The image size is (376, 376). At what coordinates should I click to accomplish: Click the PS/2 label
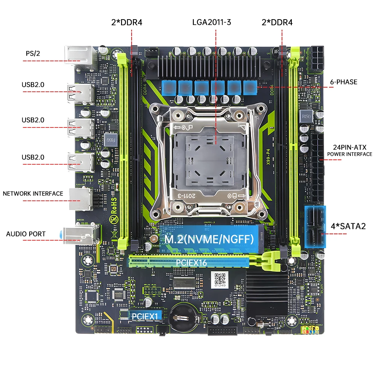33,53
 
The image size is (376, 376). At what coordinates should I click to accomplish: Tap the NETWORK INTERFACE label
33,194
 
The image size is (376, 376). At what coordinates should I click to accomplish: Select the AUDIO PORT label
26,234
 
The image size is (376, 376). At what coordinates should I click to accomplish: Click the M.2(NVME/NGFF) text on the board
209,238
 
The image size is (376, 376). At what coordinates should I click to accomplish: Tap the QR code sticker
219,279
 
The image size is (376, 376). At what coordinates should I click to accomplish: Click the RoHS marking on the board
112,209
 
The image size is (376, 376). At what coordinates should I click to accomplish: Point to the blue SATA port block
315,226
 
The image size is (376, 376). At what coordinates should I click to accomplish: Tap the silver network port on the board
80,199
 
